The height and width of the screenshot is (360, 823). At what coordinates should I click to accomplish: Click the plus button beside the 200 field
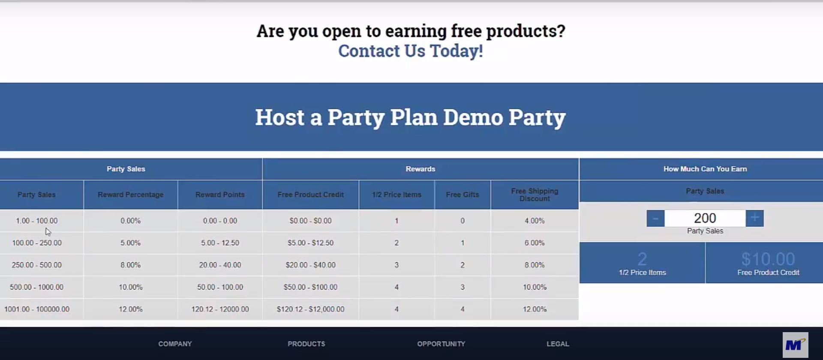click(754, 218)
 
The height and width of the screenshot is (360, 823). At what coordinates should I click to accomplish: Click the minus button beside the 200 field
click(655, 218)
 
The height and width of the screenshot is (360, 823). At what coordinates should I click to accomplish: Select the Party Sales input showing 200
click(705, 218)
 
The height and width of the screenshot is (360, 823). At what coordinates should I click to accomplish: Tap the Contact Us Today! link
click(411, 51)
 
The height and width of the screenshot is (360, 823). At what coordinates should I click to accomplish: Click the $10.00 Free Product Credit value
click(768, 259)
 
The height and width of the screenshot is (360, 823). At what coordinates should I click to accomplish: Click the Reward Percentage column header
click(131, 195)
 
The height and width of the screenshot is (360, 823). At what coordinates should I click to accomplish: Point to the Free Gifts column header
click(463, 195)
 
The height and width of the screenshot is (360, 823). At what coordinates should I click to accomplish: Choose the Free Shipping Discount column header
click(535, 195)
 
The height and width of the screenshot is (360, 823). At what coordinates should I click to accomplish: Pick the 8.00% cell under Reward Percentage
click(131, 265)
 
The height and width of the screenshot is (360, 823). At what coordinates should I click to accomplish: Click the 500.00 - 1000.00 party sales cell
click(37, 287)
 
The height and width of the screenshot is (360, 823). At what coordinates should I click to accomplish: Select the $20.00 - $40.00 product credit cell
click(311, 265)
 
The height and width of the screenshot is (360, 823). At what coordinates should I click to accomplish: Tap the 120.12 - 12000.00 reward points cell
click(220, 309)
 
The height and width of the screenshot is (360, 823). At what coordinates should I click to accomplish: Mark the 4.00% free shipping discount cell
click(535, 221)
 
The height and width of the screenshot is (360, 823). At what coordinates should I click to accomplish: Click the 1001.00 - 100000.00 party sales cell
click(37, 309)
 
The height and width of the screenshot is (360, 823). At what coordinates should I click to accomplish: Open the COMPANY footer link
click(175, 344)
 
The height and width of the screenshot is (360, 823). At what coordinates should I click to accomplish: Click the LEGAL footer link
click(558, 344)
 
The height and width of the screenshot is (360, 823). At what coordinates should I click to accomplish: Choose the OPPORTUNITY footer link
click(441, 344)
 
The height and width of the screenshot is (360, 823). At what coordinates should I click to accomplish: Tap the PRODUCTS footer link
click(306, 344)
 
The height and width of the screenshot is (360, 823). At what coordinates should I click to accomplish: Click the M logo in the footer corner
click(795, 345)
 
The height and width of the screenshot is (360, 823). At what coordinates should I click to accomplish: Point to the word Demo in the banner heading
click(473, 117)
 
